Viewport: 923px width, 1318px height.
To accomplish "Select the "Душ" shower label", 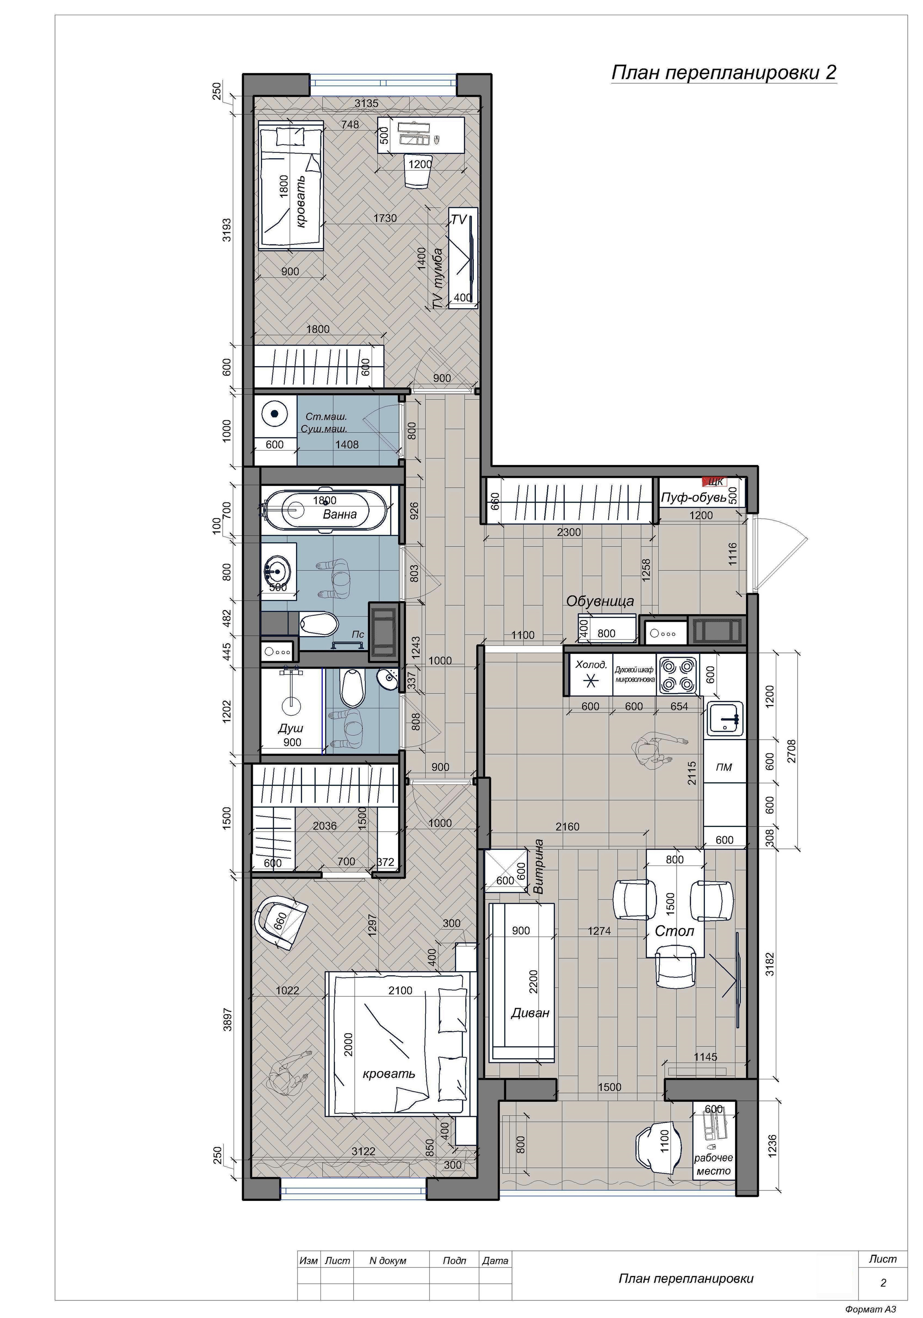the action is pos(291,728).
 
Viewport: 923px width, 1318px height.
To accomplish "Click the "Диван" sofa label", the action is pos(530,1013).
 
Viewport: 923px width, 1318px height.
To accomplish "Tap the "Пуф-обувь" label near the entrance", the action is pos(693,497).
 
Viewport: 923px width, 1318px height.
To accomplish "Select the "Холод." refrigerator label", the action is pos(591,665).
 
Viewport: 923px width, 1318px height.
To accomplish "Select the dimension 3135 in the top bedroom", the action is pos(366,104).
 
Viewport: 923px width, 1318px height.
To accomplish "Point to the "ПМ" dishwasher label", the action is pos(724,767).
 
